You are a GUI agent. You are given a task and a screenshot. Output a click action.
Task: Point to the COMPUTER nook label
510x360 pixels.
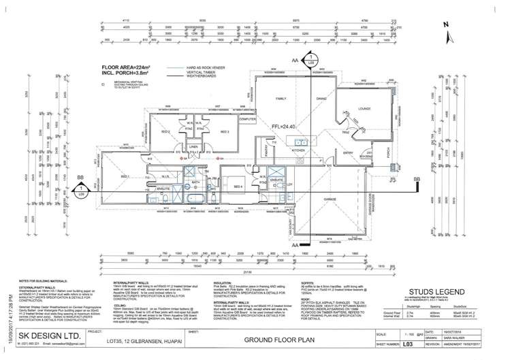(x=248, y=118)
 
